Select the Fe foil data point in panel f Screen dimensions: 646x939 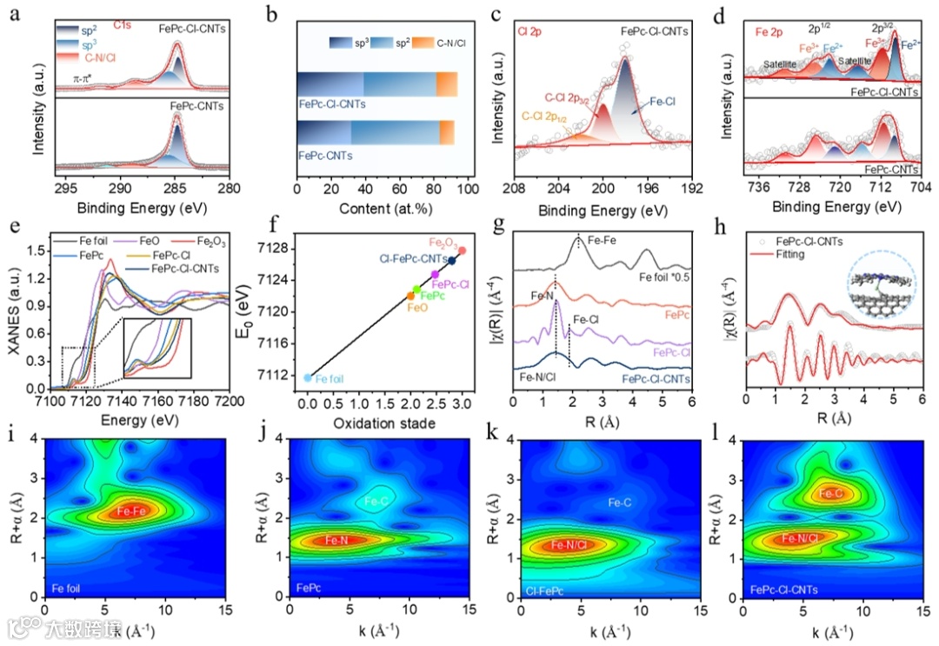pyautogui.click(x=308, y=377)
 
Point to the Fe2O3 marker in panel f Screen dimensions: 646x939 pyautogui.click(x=463, y=250)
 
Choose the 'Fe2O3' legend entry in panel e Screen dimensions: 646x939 pyautogui.click(x=202, y=241)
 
